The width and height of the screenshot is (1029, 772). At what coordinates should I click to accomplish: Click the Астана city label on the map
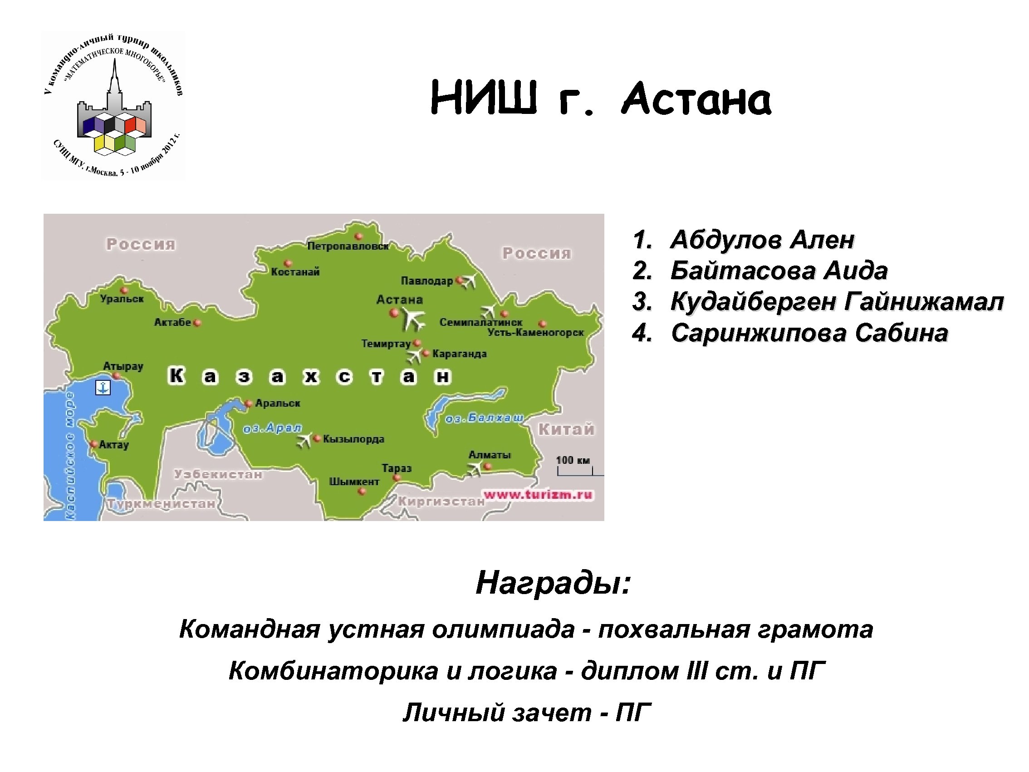pyautogui.click(x=399, y=300)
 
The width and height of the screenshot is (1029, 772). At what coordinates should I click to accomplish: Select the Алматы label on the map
pyautogui.click(x=490, y=455)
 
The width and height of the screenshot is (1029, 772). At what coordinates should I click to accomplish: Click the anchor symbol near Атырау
pyautogui.click(x=103, y=387)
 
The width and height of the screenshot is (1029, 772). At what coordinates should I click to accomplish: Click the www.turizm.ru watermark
pyautogui.click(x=538, y=494)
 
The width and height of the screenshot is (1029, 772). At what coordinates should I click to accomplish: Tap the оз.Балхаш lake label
pyautogui.click(x=484, y=418)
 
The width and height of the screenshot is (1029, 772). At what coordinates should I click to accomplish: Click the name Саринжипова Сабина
pyautogui.click(x=809, y=333)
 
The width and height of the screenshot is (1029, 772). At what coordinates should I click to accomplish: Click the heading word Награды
pyautogui.click(x=553, y=583)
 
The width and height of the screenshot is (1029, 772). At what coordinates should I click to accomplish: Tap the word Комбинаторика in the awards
pyautogui.click(x=333, y=671)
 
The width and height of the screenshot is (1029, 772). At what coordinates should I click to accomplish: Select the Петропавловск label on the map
pyautogui.click(x=348, y=246)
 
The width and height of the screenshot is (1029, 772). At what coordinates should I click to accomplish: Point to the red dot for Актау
pyautogui.click(x=93, y=444)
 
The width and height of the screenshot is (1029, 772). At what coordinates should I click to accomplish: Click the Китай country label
pyautogui.click(x=566, y=429)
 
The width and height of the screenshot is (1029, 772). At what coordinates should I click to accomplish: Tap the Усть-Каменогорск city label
pyautogui.click(x=535, y=333)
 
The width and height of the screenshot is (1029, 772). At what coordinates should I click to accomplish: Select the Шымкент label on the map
pyautogui.click(x=354, y=482)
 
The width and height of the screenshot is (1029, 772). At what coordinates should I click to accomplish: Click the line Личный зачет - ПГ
pyautogui.click(x=526, y=713)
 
